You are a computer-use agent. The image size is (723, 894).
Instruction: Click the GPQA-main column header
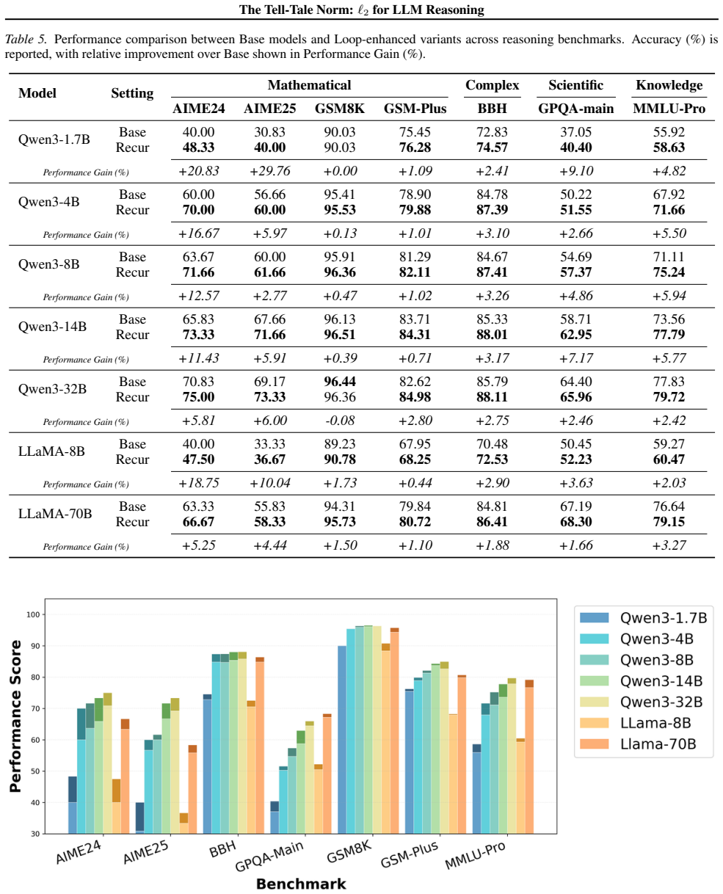click(575, 109)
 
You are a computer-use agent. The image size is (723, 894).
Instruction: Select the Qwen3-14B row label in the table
click(52, 327)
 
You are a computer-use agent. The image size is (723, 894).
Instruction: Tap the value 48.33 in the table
click(198, 148)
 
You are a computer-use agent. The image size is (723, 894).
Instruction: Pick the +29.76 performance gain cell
click(270, 171)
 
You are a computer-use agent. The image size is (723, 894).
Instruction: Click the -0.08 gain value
click(339, 420)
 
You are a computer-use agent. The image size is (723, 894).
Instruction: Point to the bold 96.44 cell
click(339, 381)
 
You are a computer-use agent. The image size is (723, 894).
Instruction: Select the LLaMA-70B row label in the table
click(55, 514)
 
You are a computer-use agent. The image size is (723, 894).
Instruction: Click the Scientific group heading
click(575, 85)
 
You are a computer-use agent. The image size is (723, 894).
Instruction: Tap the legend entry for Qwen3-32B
click(643, 702)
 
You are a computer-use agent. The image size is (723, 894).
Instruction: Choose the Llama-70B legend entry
click(638, 744)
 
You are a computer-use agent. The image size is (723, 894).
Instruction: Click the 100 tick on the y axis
click(33, 614)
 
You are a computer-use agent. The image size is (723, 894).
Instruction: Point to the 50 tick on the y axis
click(34, 771)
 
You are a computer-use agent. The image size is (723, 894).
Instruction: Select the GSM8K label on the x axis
click(349, 851)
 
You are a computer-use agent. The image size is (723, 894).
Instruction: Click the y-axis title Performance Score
click(15, 716)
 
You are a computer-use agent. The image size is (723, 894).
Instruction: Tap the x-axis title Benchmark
click(301, 884)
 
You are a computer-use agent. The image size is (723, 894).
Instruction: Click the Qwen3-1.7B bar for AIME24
click(73, 805)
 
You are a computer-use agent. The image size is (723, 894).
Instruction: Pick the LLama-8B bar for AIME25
click(184, 823)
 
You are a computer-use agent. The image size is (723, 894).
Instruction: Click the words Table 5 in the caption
click(25, 39)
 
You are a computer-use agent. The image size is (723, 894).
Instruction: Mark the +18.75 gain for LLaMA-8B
click(198, 483)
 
